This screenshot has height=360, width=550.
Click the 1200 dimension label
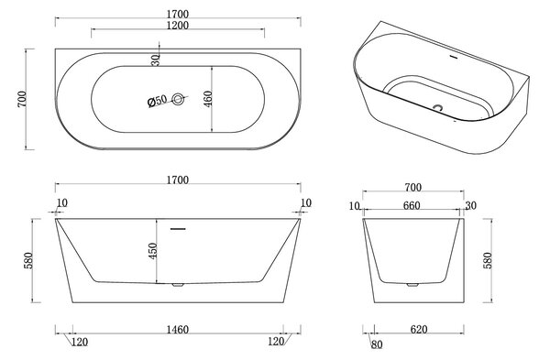(178, 26)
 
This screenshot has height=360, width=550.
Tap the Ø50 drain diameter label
(157, 101)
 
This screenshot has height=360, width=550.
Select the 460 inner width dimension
(208, 99)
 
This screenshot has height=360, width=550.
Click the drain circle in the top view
(178, 99)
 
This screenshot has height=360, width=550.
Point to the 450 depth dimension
(153, 251)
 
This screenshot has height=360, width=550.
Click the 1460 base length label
(178, 330)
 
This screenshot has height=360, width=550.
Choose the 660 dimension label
(412, 205)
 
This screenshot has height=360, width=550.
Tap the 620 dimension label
(419, 330)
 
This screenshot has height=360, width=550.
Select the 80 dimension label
(377, 344)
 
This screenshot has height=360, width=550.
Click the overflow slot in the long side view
(178, 229)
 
